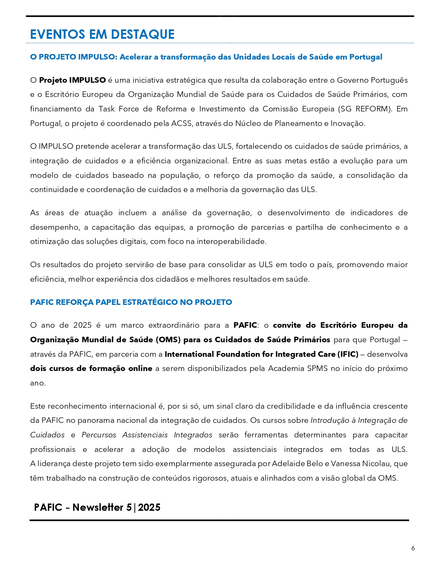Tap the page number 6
[413, 548]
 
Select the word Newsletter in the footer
[98, 507]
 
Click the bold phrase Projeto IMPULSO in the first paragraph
[72, 80]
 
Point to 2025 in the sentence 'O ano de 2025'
[82, 325]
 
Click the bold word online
[140, 369]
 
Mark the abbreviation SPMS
[317, 369]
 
